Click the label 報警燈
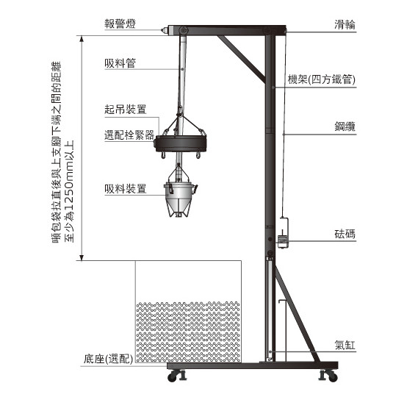[120, 24]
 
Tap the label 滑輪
[345, 24]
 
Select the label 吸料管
[120, 63]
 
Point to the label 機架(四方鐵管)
[322, 79]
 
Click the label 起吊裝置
[126, 109]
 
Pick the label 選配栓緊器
[129, 135]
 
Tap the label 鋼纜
[345, 126]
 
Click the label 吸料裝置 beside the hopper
[126, 189]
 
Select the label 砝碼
[345, 234]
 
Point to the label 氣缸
[345, 345]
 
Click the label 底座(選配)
[108, 359]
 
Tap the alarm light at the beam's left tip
[165, 30]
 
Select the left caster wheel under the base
[176, 376]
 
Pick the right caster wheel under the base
[329, 376]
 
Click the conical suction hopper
[180, 199]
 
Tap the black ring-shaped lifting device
[181, 143]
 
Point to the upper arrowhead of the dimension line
[82, 39]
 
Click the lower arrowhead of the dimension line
[82, 257]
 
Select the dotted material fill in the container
[188, 332]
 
